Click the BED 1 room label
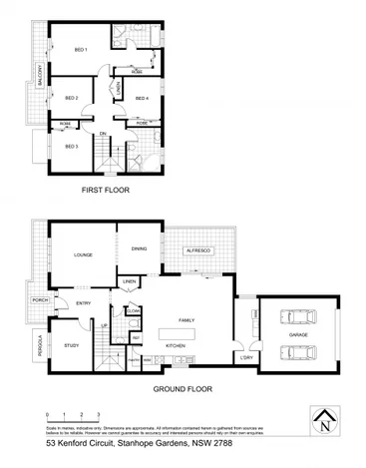point(81,50)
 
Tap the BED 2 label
point(72,98)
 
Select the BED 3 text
point(72,147)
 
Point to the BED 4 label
point(142,98)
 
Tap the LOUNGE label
point(83,255)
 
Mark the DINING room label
point(139,249)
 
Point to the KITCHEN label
point(176,345)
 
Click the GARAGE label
point(297,336)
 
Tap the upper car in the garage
point(298,318)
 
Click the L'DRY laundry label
point(245,358)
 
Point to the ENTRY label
point(82,302)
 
